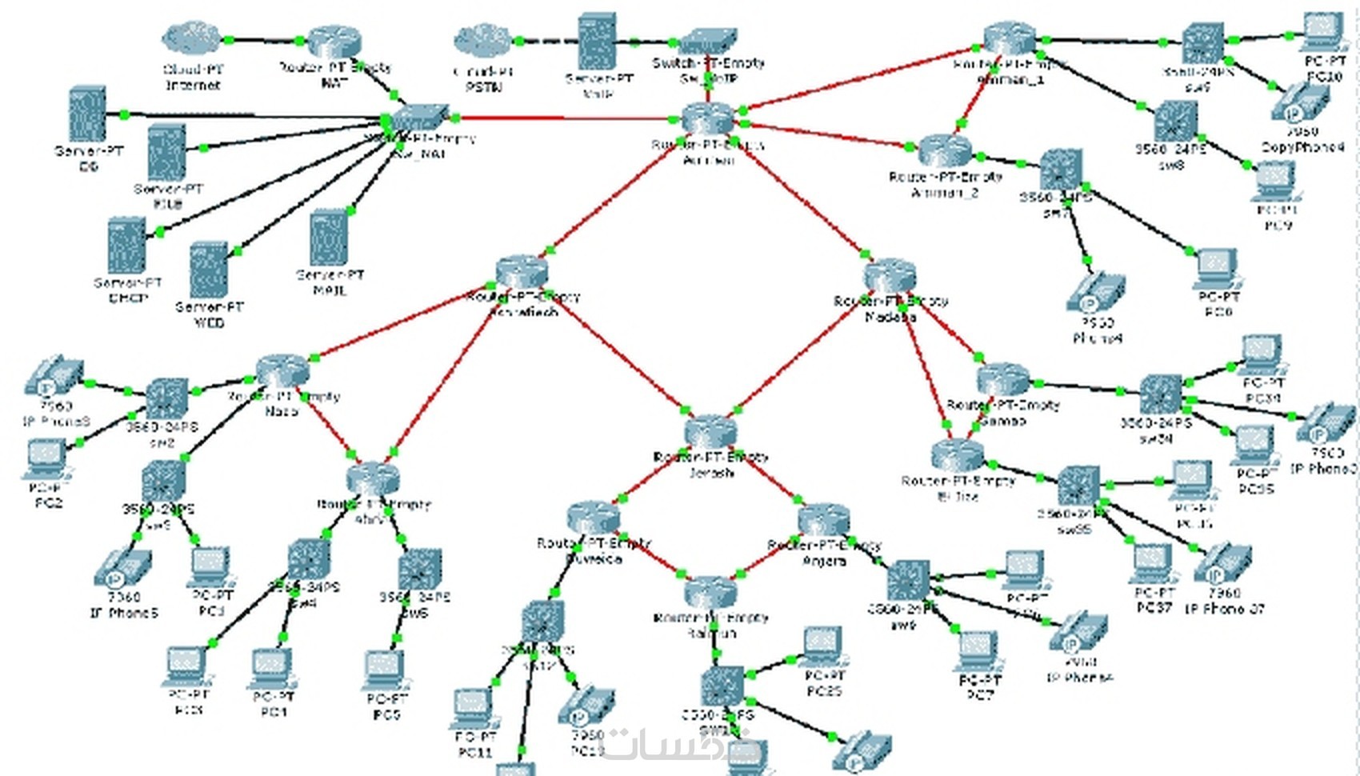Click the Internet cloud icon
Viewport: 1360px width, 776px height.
coord(191,38)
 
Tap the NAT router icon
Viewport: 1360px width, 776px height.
coord(334,42)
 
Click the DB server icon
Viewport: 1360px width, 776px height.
coord(88,114)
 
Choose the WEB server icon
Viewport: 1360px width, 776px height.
coord(209,270)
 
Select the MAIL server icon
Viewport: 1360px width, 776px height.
coord(329,237)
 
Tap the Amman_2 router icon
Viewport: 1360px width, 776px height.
coord(945,150)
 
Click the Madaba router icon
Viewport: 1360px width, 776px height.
coord(890,276)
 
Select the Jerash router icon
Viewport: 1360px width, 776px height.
coord(710,433)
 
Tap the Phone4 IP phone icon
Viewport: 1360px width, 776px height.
coord(1095,294)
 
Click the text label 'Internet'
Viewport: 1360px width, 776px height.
coord(193,86)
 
